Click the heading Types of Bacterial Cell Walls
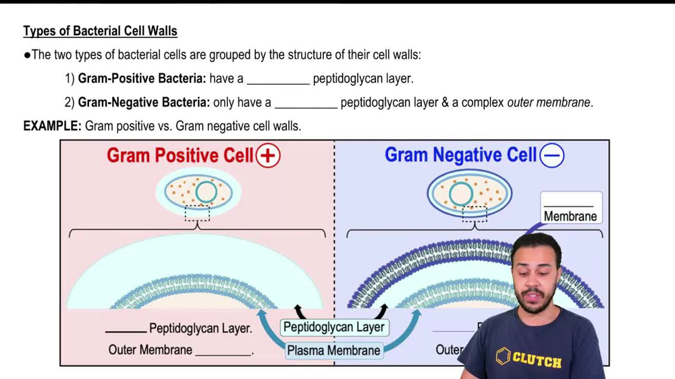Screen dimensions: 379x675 [x=100, y=32]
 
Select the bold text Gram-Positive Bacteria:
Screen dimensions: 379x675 [x=142, y=79]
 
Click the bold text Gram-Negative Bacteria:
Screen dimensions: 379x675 [x=144, y=103]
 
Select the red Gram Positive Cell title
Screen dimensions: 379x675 [x=180, y=156]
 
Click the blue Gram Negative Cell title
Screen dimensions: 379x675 [x=460, y=155]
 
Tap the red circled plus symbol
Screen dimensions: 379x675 [x=268, y=156]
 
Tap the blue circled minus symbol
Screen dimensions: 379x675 [x=552, y=156]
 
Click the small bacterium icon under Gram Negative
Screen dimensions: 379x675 [x=469, y=194]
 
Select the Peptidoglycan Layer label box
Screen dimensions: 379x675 [x=333, y=327]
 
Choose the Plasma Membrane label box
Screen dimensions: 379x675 [x=333, y=351]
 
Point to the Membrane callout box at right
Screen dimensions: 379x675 [x=570, y=208]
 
